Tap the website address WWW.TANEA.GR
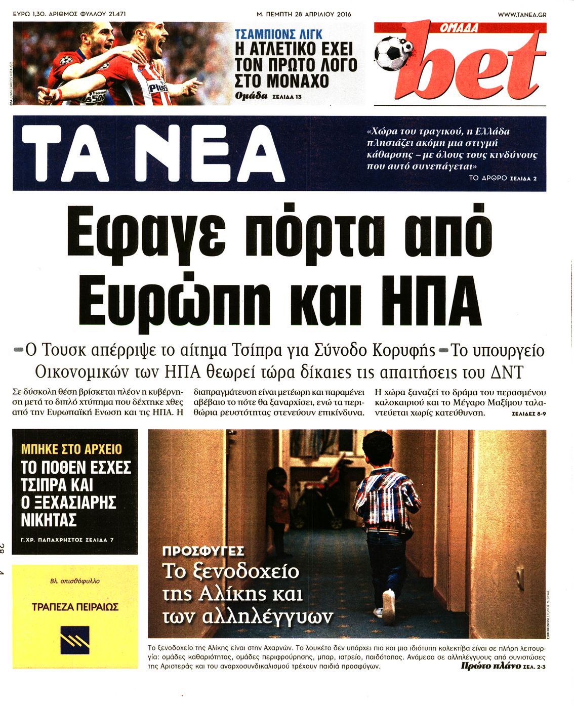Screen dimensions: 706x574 coord(522,15)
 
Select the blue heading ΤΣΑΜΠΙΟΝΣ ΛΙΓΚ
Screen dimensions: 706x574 coord(278,34)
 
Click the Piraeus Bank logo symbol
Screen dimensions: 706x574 coord(75,640)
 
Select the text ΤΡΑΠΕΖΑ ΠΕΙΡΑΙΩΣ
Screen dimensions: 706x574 coord(75,606)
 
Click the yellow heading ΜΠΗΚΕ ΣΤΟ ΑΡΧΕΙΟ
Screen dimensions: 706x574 coord(71,449)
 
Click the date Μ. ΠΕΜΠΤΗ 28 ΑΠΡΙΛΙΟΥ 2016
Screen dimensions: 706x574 coord(304,15)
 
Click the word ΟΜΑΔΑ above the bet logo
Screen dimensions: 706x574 coord(459,29)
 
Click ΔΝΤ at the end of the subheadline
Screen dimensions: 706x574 coord(507,372)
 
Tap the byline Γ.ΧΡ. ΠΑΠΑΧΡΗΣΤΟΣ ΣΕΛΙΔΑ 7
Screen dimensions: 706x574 coord(67,540)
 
